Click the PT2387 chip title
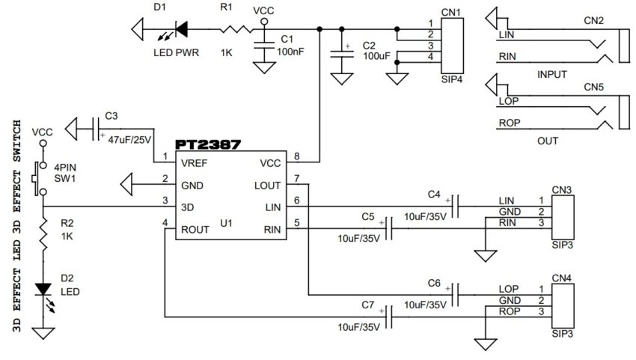tap(208, 144)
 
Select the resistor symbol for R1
tap(236, 29)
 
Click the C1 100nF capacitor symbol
tap(264, 46)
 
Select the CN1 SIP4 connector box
tap(452, 46)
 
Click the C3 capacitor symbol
tap(96, 129)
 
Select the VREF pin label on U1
tap(194, 163)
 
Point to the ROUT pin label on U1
tap(195, 230)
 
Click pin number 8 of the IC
tap(297, 156)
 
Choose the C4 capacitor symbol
tap(456, 206)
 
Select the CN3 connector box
tap(563, 218)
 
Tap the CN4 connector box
tap(563, 306)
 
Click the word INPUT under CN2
tap(551, 75)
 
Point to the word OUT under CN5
tap(548, 141)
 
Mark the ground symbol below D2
tap(43, 333)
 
